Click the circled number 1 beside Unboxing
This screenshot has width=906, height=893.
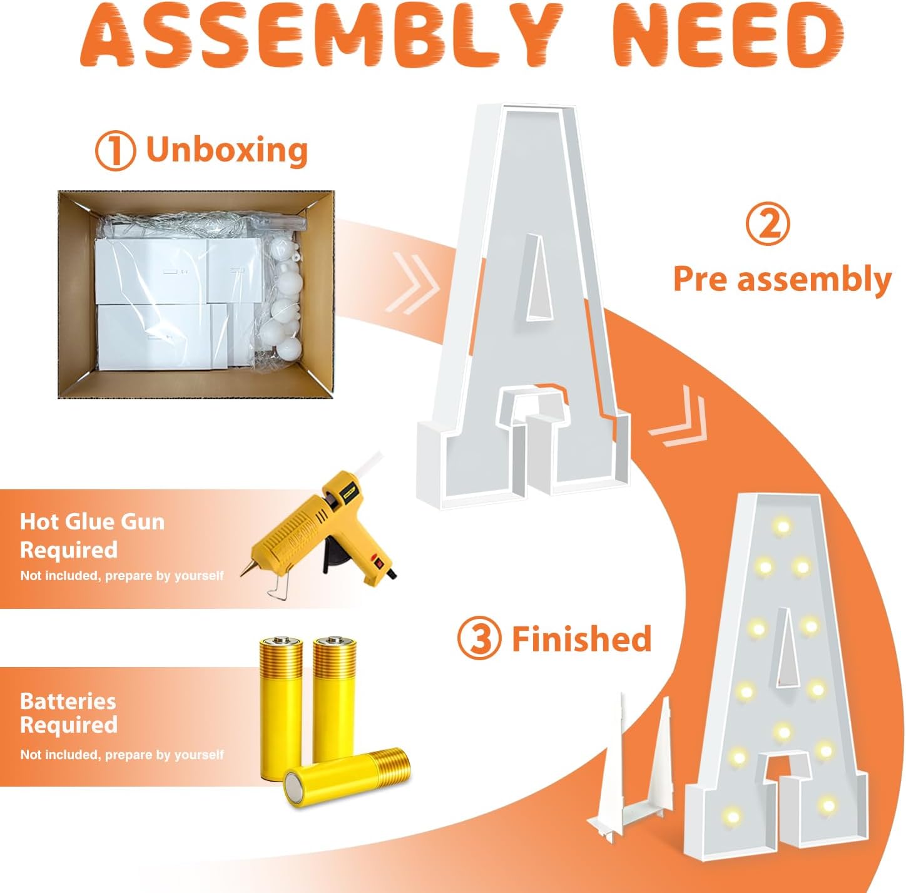(x=116, y=150)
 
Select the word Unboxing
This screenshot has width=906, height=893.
(x=227, y=150)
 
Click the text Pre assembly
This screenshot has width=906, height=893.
(x=782, y=280)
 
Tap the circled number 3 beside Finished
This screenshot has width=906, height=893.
(x=479, y=638)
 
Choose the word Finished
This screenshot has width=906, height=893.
(x=582, y=638)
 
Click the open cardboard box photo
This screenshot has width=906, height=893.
(x=196, y=294)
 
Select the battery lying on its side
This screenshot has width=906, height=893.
(x=347, y=777)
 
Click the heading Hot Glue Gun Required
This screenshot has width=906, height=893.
(x=93, y=536)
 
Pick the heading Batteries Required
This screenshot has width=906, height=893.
(x=69, y=713)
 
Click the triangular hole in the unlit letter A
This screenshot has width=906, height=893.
(x=539, y=277)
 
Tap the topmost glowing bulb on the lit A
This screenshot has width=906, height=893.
(x=783, y=525)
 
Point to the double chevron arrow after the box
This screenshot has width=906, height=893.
(x=412, y=283)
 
